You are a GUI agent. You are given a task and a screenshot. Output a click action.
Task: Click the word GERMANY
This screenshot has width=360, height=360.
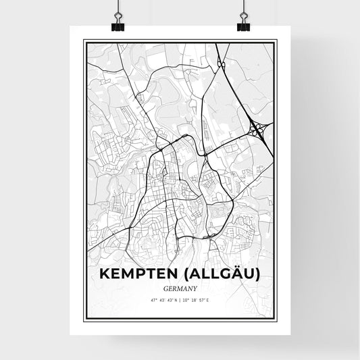180,286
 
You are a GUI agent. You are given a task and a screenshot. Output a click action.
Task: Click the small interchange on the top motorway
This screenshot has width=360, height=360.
222,65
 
